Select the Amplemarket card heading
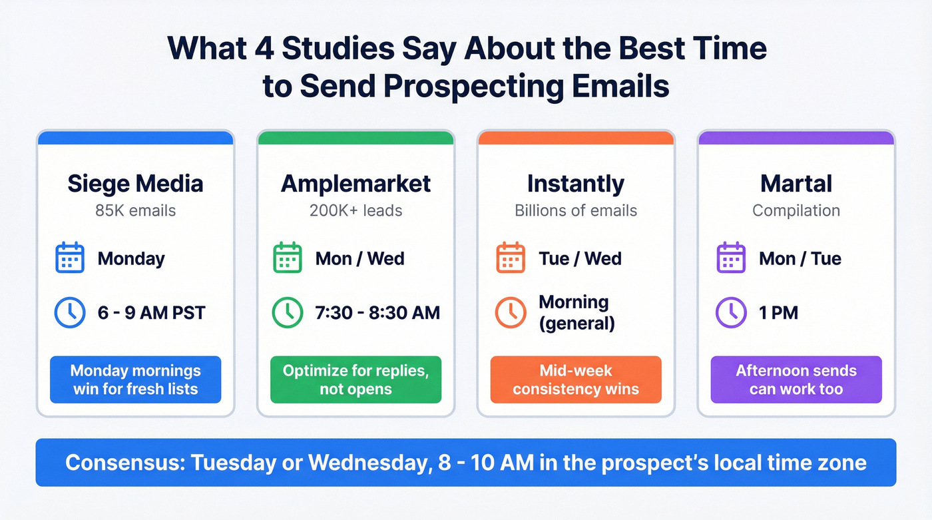pos(355,184)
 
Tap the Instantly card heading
pos(575,184)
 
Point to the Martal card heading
pos(796,184)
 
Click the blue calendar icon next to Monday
pos(69,258)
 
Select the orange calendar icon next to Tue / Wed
pos(511,258)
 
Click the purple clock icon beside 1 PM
pos(730,312)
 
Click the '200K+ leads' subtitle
pos(355,211)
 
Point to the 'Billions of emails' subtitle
pos(575,211)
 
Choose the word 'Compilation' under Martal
pos(796,211)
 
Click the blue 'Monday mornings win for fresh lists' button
pos(135,380)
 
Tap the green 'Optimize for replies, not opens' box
pos(355,380)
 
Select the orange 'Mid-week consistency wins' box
pos(575,380)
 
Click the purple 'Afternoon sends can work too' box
pos(796,380)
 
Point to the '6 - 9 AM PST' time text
pos(151,312)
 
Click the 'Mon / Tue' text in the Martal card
pos(800,258)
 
